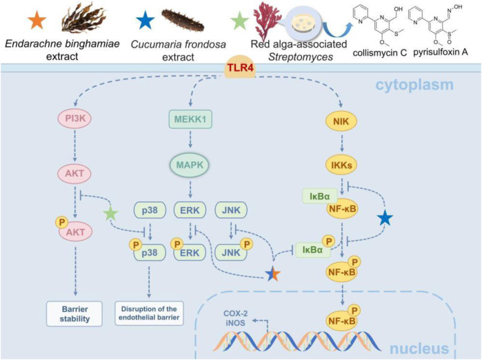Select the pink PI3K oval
click(x=74, y=118)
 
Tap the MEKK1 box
click(x=190, y=119)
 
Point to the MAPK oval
click(x=190, y=165)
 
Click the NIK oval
click(x=341, y=121)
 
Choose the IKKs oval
click(x=341, y=165)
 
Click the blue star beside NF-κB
click(x=385, y=219)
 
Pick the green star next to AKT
click(x=110, y=213)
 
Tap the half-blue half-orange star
click(x=272, y=273)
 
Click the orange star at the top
click(x=37, y=21)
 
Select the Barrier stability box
click(x=74, y=314)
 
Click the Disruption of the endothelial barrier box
click(x=149, y=313)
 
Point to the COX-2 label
click(x=235, y=314)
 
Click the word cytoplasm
click(x=414, y=85)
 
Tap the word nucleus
click(x=419, y=349)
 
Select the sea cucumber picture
click(x=183, y=20)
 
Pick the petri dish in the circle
click(x=303, y=25)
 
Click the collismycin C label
click(x=380, y=53)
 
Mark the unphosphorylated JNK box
click(x=231, y=210)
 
